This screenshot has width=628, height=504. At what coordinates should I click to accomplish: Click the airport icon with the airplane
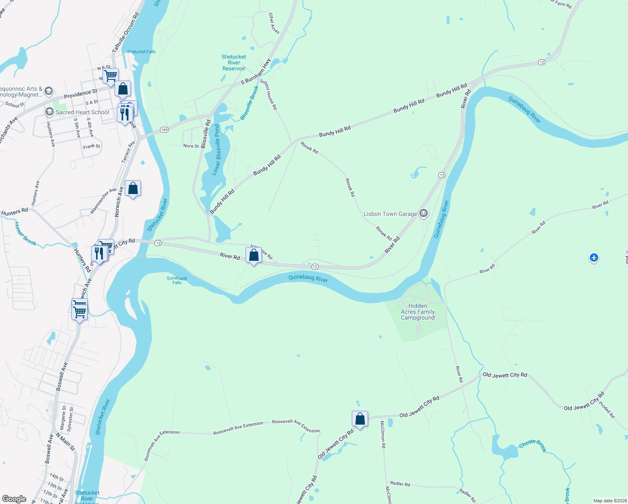click(594, 257)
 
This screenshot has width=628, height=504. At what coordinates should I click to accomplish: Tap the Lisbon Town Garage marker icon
click(424, 214)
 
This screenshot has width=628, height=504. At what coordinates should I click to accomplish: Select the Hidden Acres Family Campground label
click(418, 312)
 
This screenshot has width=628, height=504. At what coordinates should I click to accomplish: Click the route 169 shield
click(164, 130)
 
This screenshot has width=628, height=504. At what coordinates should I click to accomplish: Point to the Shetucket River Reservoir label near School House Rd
click(234, 63)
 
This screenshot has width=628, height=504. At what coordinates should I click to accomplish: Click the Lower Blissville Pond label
click(217, 150)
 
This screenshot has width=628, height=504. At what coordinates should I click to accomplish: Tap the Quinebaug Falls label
click(177, 280)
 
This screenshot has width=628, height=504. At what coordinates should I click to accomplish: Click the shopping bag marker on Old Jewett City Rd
click(360, 419)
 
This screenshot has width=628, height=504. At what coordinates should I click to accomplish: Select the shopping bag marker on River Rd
click(254, 255)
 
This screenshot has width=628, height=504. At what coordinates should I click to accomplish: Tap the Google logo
click(14, 499)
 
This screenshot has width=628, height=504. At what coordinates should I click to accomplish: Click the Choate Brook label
click(533, 445)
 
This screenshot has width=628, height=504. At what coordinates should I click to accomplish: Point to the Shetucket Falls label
click(141, 52)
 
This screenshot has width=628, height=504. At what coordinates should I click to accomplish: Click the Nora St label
click(191, 146)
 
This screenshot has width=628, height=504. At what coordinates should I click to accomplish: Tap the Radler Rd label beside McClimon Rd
click(400, 484)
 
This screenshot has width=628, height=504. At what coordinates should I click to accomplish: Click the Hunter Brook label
click(26, 234)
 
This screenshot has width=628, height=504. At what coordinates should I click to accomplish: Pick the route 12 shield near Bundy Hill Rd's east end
click(542, 62)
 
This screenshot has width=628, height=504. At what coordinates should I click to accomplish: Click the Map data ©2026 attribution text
click(610, 501)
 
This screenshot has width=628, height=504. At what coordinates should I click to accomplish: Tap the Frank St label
click(92, 147)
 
